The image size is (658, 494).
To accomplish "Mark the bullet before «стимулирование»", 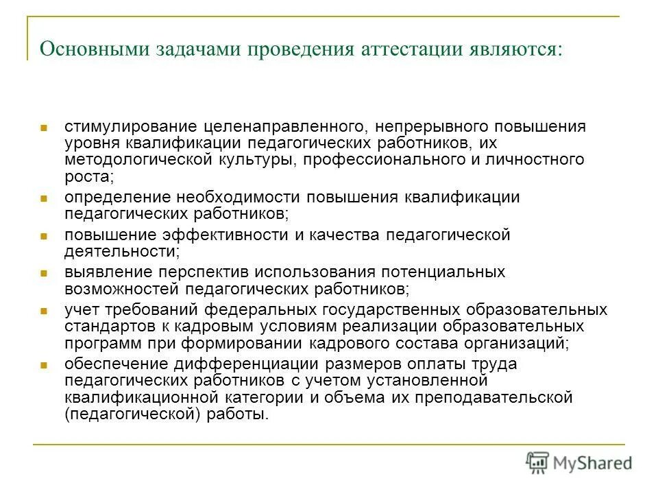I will (42, 128).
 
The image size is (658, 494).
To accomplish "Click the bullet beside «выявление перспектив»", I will (42, 272).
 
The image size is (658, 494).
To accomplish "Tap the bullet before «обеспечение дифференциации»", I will (42, 364).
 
